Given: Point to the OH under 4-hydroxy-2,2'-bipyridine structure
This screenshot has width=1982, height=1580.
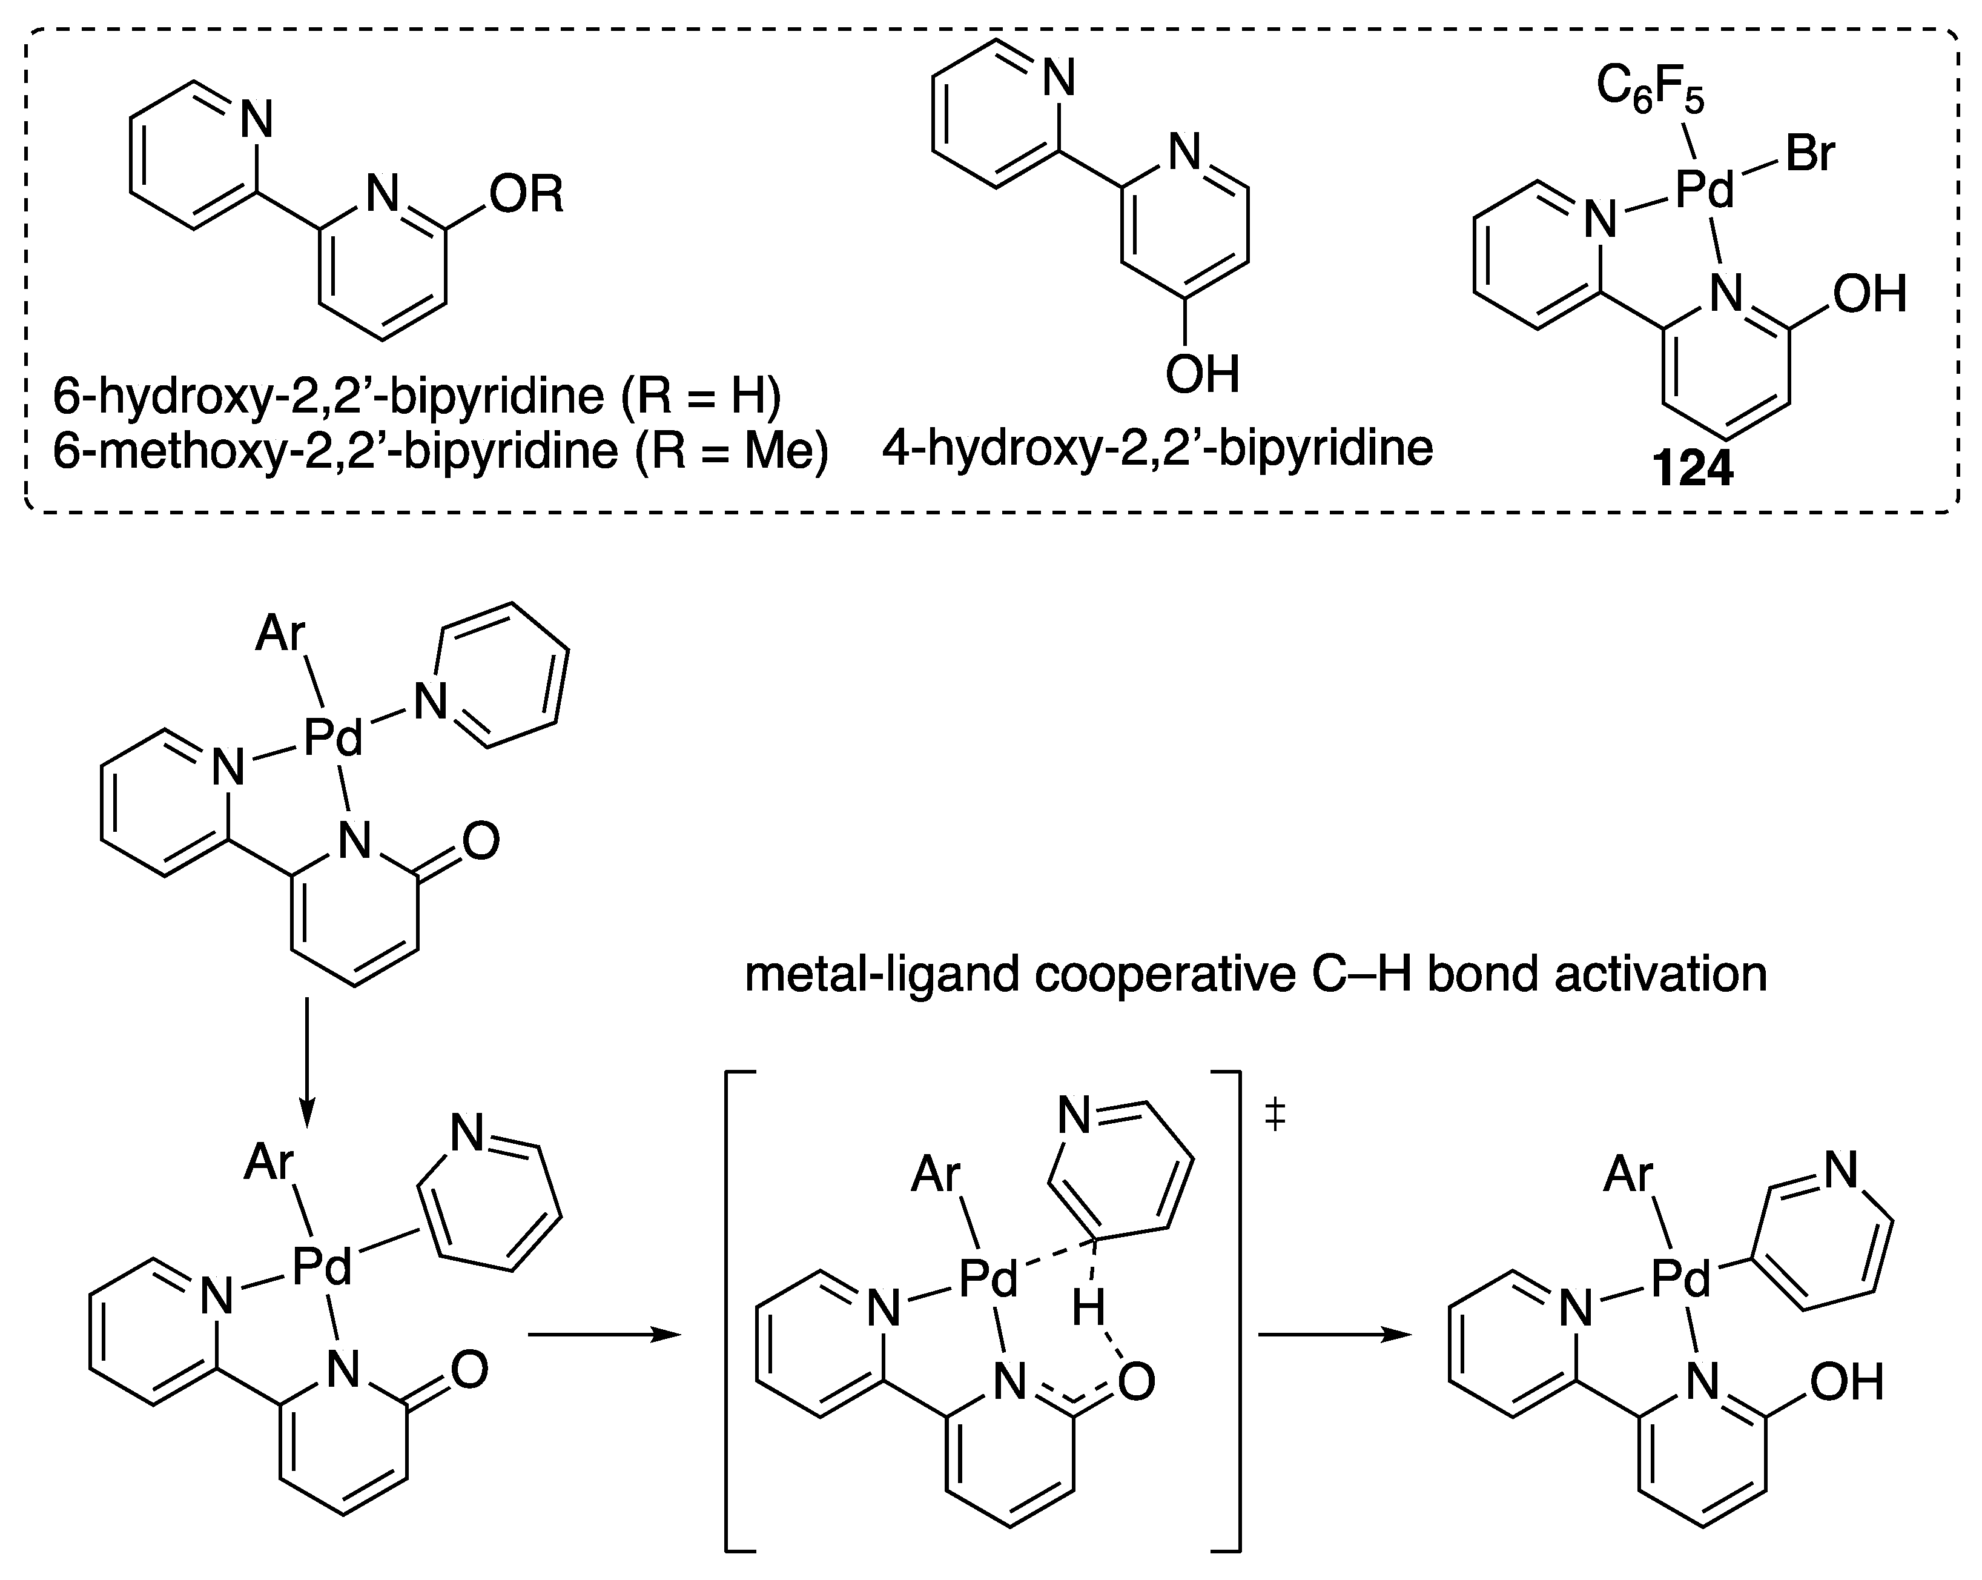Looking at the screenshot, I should pyautogui.click(x=1203, y=375).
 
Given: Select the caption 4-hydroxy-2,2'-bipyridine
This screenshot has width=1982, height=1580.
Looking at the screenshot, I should pyautogui.click(x=1157, y=449).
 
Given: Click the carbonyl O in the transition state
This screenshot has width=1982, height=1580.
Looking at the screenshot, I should pyautogui.click(x=1136, y=1383).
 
